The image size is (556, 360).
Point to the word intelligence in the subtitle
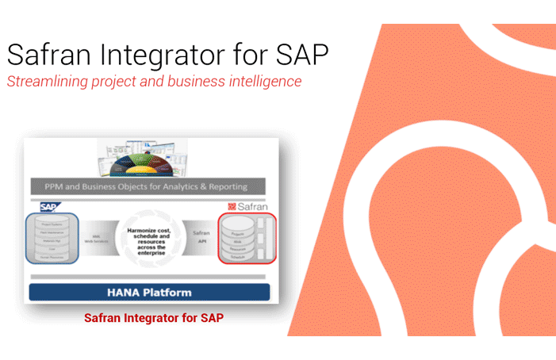262,82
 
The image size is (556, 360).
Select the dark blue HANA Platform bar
149,292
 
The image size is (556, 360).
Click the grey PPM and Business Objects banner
150,186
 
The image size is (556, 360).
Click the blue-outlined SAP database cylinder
53,238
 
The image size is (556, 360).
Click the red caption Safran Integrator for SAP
154,318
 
